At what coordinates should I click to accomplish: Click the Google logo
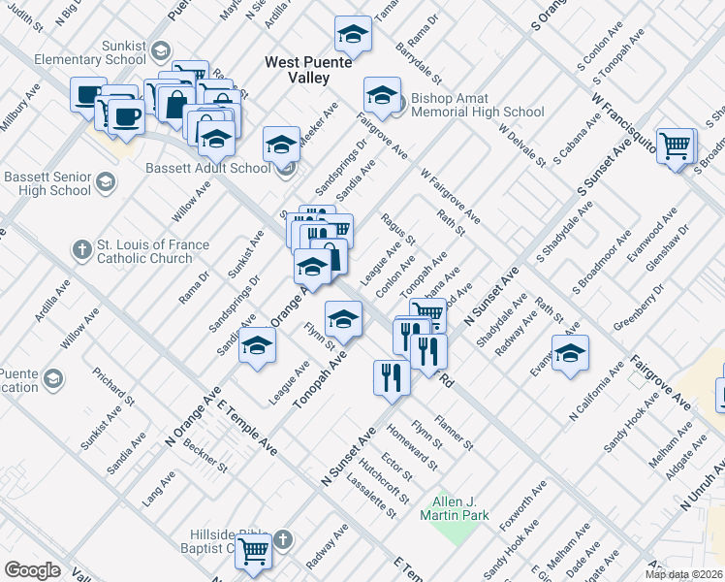pos(33,569)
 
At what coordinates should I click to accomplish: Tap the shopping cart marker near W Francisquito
pos(677,145)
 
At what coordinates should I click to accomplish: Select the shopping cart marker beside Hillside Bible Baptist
pos(254,551)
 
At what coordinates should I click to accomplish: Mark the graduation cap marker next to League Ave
pos(257,347)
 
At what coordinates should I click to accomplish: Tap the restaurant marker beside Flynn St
pos(391,376)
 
